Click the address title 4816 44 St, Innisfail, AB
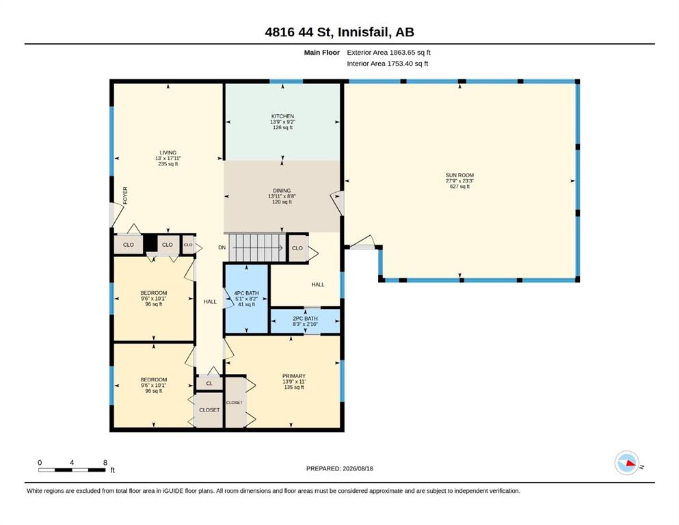tap(339, 32)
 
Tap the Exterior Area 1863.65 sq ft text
tap(388, 53)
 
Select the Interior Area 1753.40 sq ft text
tap(387, 64)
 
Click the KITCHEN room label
tap(282, 116)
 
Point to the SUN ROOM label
tap(460, 175)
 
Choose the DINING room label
tap(282, 191)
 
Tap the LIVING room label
tap(168, 152)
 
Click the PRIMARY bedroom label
tap(293, 376)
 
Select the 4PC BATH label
tap(246, 293)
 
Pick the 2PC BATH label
tap(305, 318)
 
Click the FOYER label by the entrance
tap(125, 196)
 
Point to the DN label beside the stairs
tap(222, 247)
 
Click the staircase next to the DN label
tap(257, 247)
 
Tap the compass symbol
tap(627, 463)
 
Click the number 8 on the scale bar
tap(105, 463)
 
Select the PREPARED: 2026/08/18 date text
tap(339, 468)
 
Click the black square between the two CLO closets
tap(150, 243)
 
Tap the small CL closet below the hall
tap(210, 383)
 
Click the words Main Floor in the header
tap(322, 53)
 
